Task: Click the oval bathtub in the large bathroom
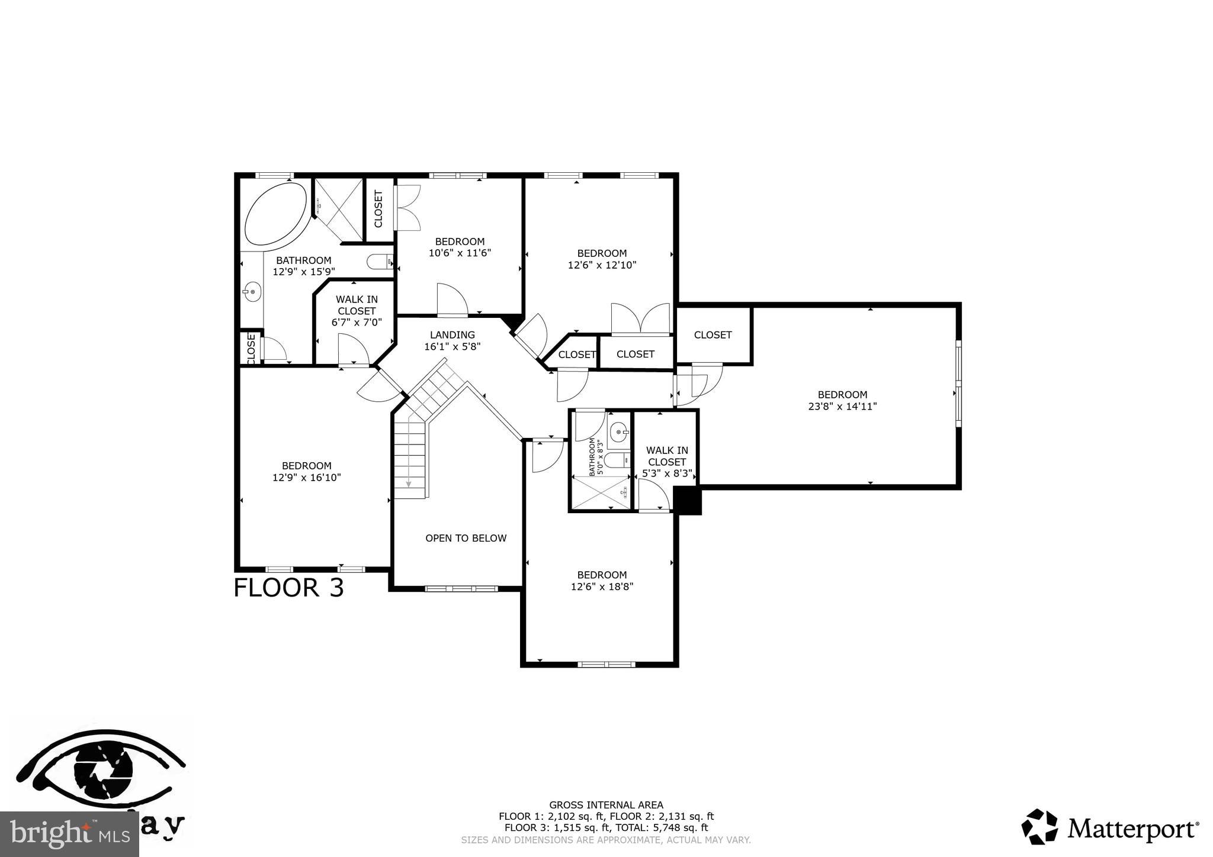click(275, 214)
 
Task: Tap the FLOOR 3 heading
click(288, 588)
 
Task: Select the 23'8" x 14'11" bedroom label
click(842, 401)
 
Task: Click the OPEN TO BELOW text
click(466, 538)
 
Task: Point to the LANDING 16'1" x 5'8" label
click(452, 341)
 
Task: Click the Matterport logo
click(1110, 827)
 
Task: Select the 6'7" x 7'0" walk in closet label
click(357, 311)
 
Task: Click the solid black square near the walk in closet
click(688, 501)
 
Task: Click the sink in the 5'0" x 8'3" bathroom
click(619, 432)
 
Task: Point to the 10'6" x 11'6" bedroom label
click(460, 247)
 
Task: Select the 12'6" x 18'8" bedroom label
click(602, 581)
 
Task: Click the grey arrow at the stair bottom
click(409, 484)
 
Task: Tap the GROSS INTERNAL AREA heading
click(606, 805)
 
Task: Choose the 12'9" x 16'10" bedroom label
click(306, 472)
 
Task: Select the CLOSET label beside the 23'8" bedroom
click(713, 335)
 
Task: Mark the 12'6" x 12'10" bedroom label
click(602, 259)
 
